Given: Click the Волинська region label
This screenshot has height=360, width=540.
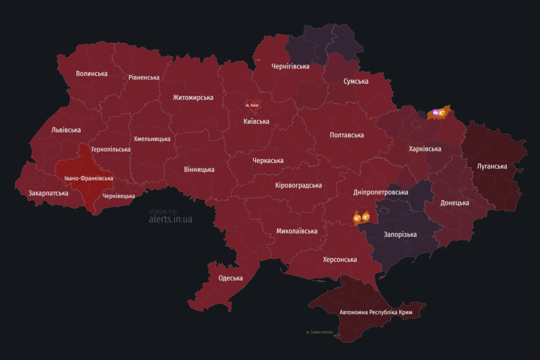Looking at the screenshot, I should point(91,74).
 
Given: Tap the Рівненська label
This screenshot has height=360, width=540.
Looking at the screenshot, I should point(143,77).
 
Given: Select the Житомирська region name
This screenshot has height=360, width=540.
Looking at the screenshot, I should point(193,98).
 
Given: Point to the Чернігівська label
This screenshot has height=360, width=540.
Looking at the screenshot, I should point(290,66).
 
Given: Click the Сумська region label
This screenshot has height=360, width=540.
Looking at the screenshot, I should point(355,81).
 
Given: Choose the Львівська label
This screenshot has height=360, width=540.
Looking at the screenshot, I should point(66,130).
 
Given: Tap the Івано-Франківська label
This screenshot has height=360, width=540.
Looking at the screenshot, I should point(89,179).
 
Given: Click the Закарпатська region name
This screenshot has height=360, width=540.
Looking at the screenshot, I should point(48,193).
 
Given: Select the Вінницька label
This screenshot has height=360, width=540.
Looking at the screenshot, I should point(199,170).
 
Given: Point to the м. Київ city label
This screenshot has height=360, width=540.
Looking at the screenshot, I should point(252,105).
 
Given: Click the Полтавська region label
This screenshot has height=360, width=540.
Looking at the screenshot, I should point(346,135).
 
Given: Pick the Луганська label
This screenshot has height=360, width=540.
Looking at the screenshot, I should point(491,167).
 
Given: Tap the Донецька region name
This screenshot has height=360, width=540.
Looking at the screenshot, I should point(455,203).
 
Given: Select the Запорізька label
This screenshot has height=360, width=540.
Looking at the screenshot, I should point(400,235).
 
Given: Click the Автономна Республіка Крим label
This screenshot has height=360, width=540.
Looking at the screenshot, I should point(375,313).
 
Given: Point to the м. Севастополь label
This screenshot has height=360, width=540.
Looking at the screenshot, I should point(319,332).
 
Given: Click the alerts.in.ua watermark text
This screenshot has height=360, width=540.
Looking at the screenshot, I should point(170,219).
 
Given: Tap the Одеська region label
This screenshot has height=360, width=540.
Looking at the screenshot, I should point(230,278).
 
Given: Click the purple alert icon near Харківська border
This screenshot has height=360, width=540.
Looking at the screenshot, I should point(436,112).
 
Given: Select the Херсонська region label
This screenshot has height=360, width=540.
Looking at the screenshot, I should point(340,260).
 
